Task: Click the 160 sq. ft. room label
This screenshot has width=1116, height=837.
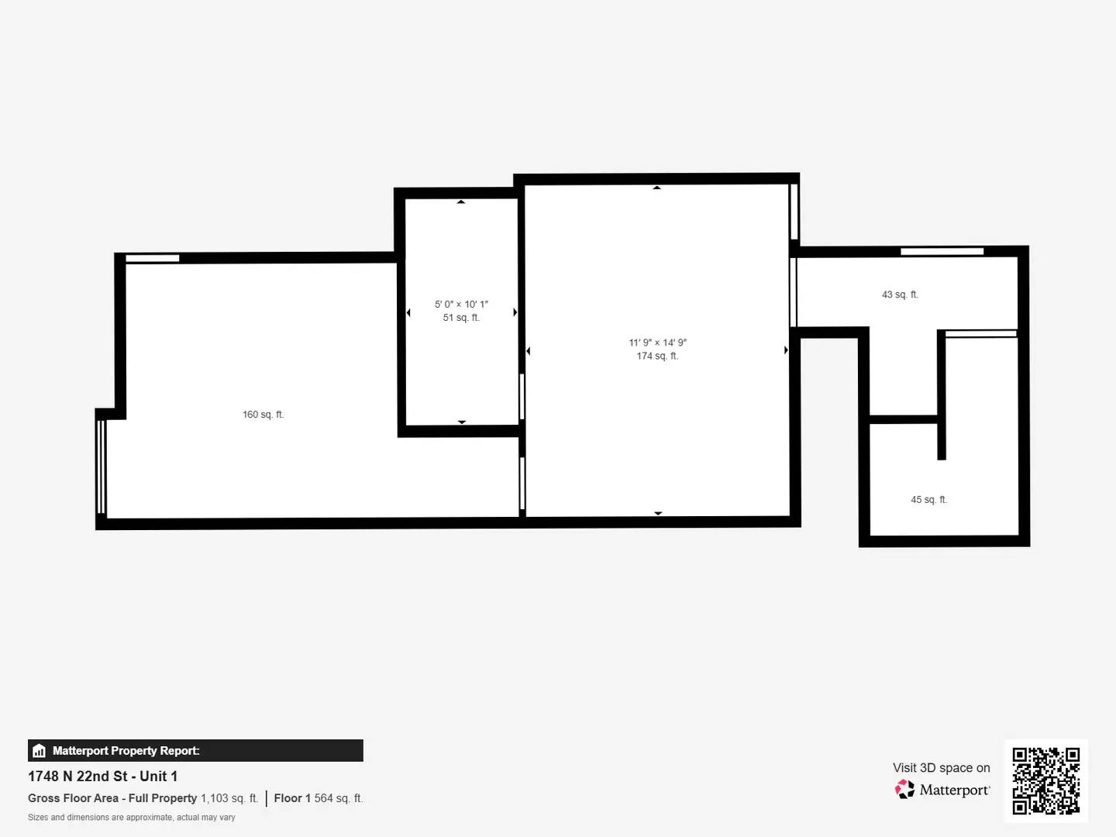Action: pyautogui.click(x=263, y=415)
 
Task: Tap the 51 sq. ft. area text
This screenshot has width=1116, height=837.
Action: pyautogui.click(x=461, y=318)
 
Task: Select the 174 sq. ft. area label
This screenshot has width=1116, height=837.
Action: pyautogui.click(x=657, y=356)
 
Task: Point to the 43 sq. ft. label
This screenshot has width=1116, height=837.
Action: pyautogui.click(x=900, y=294)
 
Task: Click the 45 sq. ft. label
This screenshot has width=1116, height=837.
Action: pyautogui.click(x=928, y=500)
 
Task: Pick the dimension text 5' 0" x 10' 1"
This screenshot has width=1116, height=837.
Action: pyautogui.click(x=461, y=305)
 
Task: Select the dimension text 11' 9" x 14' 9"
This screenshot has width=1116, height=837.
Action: pyautogui.click(x=657, y=343)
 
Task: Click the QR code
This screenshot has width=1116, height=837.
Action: pyautogui.click(x=1045, y=780)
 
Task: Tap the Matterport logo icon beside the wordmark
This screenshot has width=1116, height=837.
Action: pyautogui.click(x=904, y=790)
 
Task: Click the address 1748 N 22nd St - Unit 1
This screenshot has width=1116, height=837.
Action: pyautogui.click(x=102, y=776)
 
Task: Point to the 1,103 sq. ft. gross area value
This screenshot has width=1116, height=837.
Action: pyautogui.click(x=229, y=798)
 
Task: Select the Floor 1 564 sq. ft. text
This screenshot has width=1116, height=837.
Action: pyautogui.click(x=318, y=798)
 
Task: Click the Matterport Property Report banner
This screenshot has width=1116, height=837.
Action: pyautogui.click(x=195, y=750)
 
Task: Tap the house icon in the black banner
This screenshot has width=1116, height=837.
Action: pyautogui.click(x=39, y=751)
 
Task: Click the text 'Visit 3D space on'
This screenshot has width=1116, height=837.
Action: pyautogui.click(x=941, y=768)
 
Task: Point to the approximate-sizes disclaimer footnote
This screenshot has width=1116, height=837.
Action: pyautogui.click(x=131, y=818)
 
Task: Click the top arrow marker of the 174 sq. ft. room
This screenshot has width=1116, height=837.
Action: pyautogui.click(x=656, y=188)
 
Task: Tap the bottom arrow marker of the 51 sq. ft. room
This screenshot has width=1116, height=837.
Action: pyautogui.click(x=462, y=422)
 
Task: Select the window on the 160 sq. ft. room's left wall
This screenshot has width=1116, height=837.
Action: pyautogui.click(x=101, y=467)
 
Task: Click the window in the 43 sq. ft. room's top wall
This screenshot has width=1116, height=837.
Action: pyautogui.click(x=942, y=251)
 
